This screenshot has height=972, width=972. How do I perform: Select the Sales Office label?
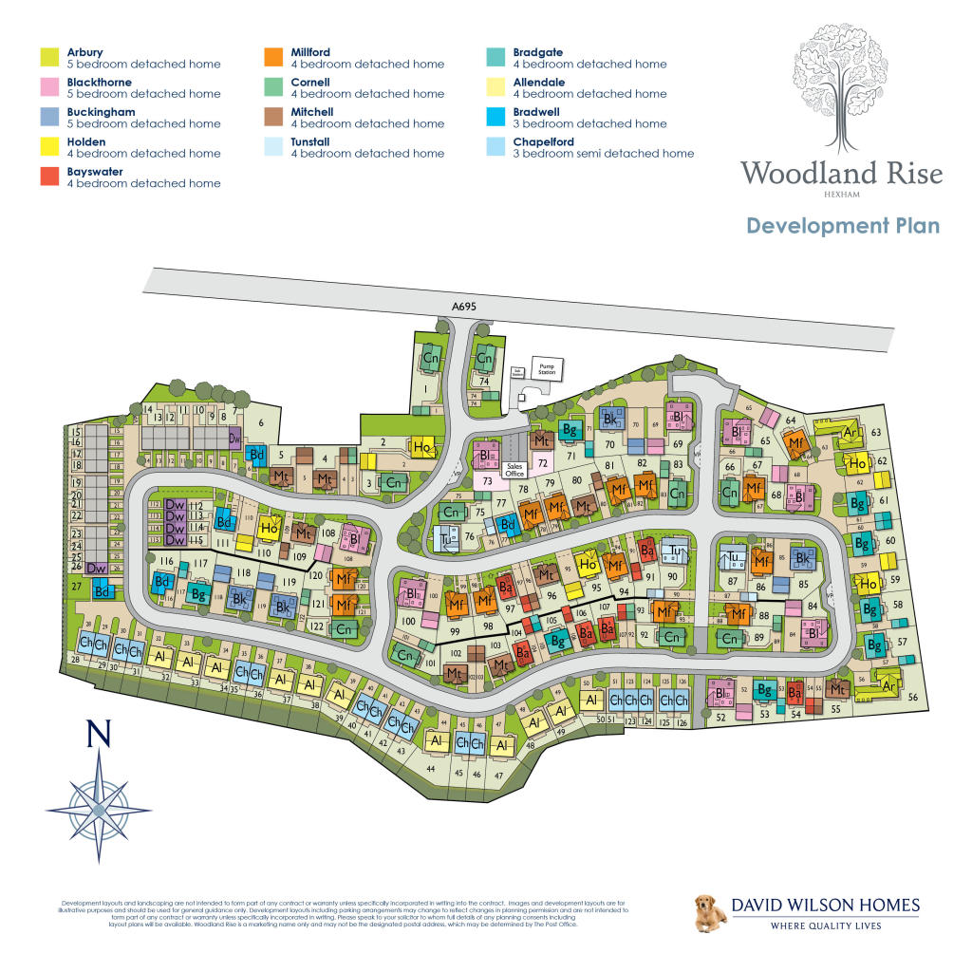point(515,467)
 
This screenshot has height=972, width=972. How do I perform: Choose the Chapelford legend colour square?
point(495,147)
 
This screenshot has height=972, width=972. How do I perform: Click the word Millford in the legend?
point(311,52)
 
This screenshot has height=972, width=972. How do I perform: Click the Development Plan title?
point(842,226)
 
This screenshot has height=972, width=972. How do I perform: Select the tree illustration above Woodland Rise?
point(841,85)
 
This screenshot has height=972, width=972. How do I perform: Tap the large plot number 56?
point(913,698)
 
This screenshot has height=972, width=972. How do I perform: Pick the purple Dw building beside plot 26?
point(96,569)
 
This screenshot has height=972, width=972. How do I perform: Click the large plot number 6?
point(261,424)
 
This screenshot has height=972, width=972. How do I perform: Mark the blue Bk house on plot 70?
point(611,419)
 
